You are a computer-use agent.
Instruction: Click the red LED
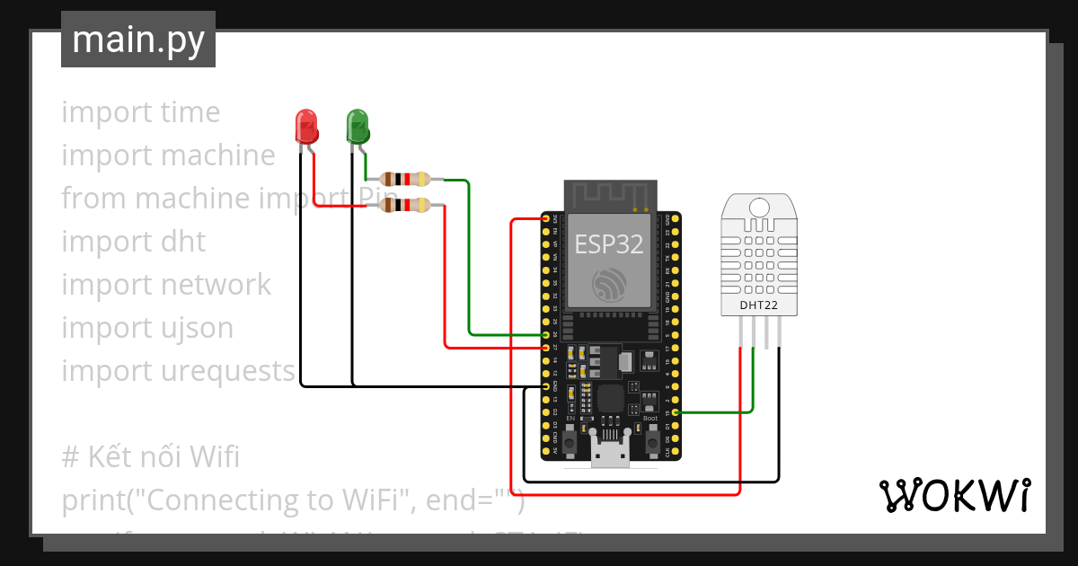click(306, 127)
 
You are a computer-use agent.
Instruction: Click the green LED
click(358, 127)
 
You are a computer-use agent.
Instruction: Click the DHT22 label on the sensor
click(758, 305)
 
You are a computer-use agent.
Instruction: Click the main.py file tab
click(137, 40)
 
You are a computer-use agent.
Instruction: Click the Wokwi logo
click(954, 495)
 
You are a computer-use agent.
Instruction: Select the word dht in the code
click(183, 242)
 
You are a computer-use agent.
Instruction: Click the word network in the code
click(216, 285)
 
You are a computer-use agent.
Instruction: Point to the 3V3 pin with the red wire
click(546, 218)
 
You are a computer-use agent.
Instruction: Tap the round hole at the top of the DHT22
click(758, 208)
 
